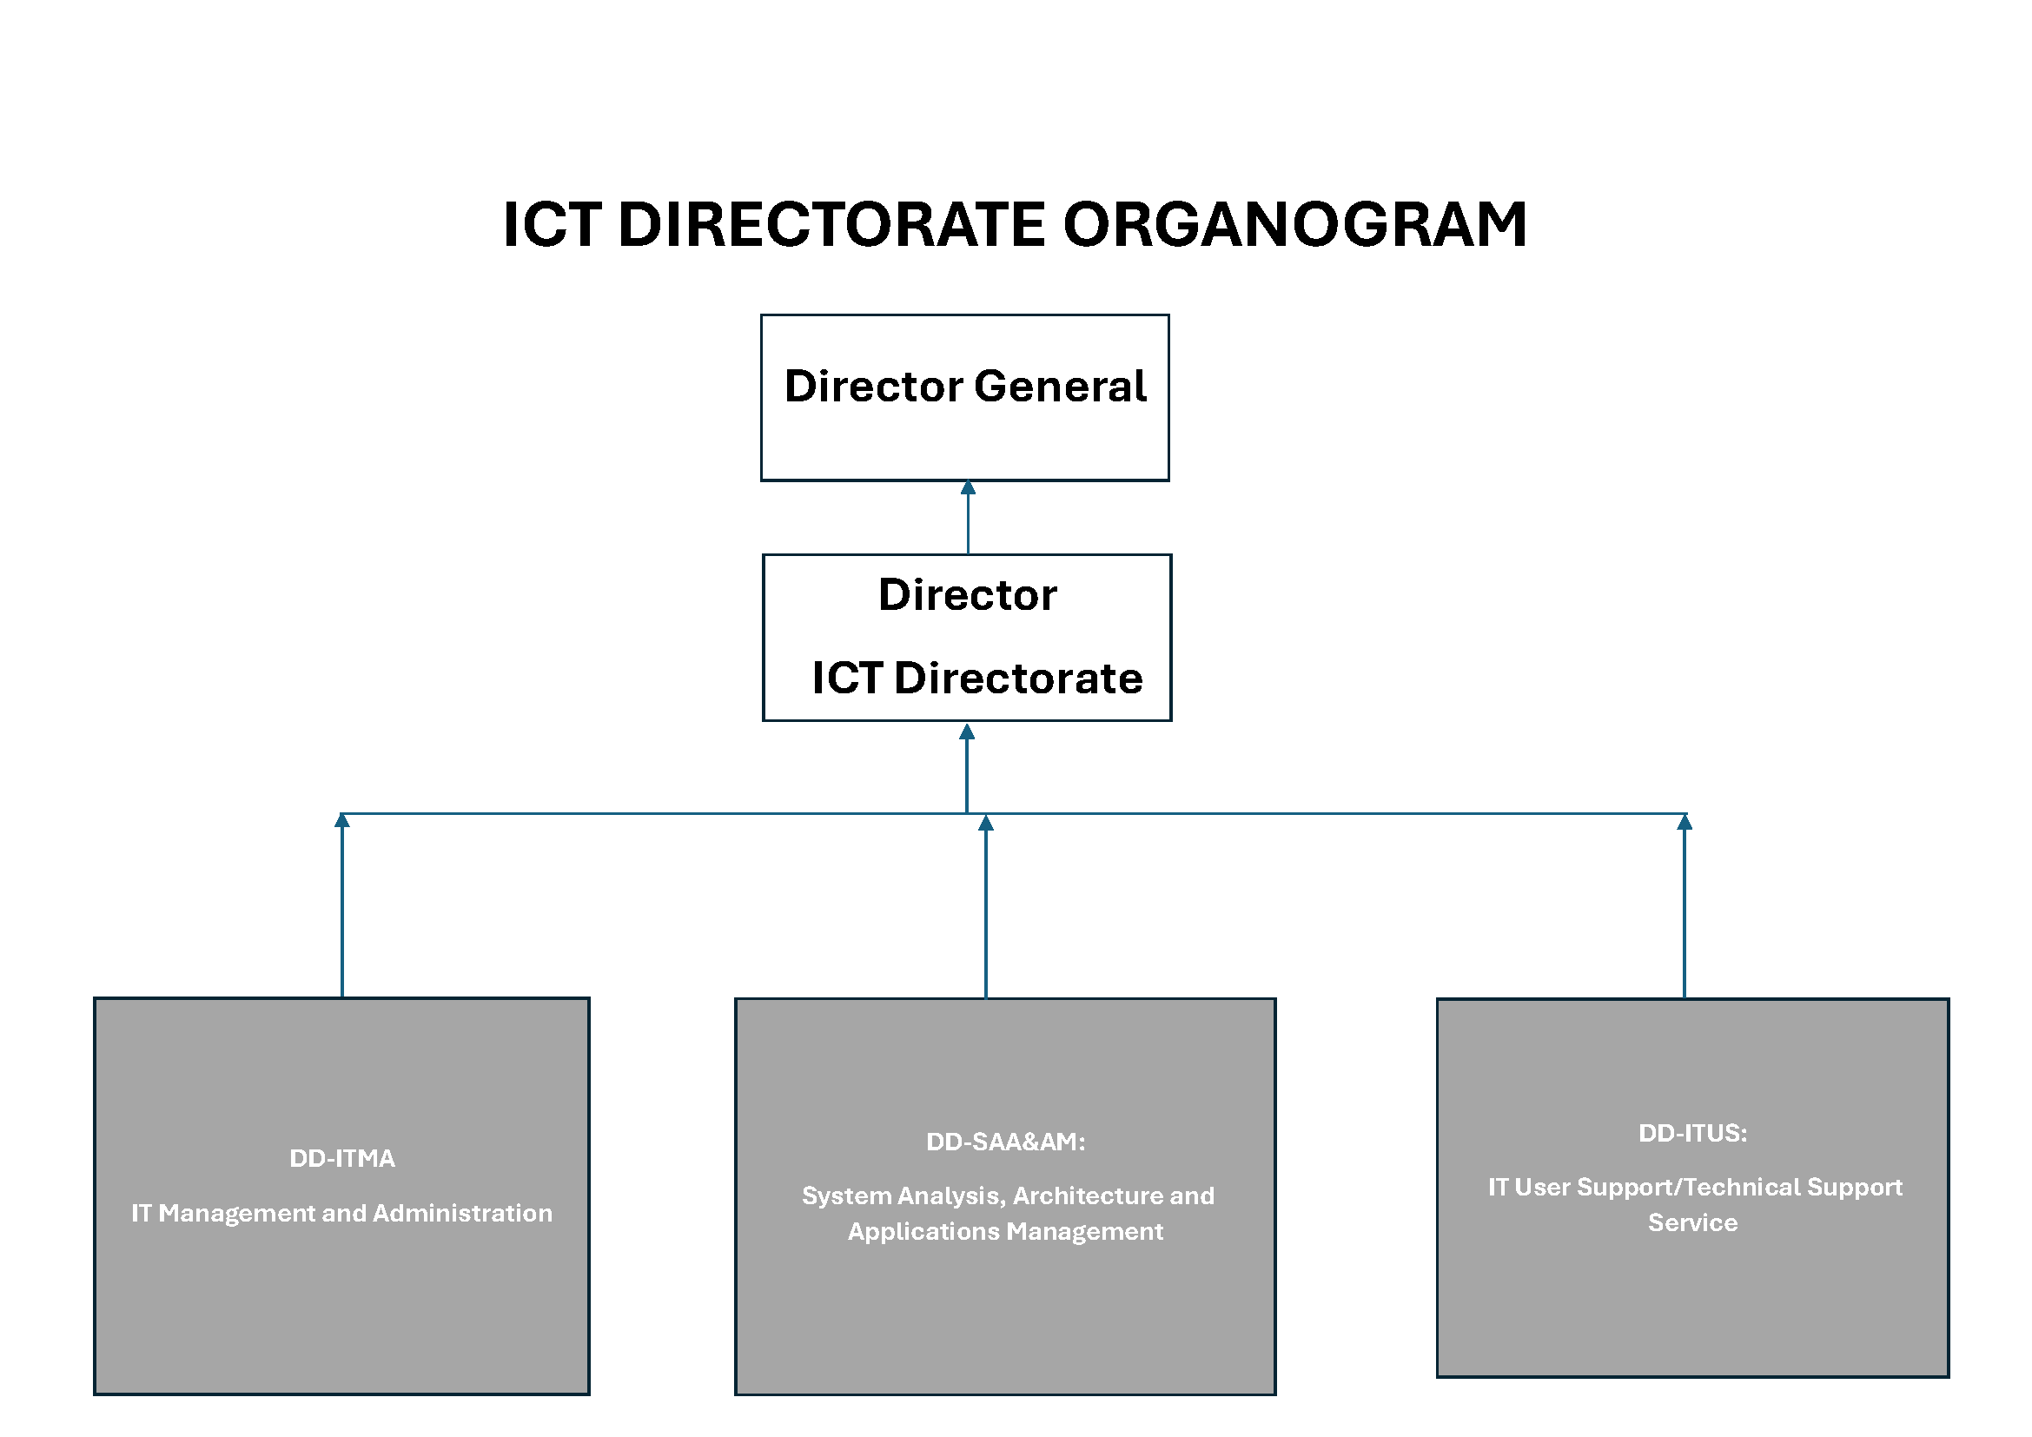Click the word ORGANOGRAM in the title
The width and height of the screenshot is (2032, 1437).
[1294, 225]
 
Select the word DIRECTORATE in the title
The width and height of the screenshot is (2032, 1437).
[832, 225]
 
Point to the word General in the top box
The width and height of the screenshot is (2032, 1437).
[1060, 387]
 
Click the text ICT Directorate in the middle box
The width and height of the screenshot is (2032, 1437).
[977, 679]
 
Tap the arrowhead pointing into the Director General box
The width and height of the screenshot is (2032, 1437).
[968, 487]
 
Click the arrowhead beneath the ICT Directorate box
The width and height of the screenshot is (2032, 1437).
[967, 732]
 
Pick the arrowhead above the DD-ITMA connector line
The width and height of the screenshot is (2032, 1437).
[342, 820]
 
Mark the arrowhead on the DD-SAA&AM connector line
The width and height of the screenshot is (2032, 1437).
[986, 824]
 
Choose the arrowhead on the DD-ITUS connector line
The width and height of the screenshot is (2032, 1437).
[1685, 823]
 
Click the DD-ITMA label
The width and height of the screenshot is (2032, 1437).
[342, 1158]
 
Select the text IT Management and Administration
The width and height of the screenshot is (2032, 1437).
[341, 1213]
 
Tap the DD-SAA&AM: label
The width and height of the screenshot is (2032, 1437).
[1005, 1142]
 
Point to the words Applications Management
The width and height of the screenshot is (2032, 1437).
[1005, 1232]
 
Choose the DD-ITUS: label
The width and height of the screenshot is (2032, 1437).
[1693, 1134]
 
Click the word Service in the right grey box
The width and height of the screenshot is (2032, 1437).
[1693, 1223]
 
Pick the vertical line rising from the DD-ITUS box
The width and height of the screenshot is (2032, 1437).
[1685, 915]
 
